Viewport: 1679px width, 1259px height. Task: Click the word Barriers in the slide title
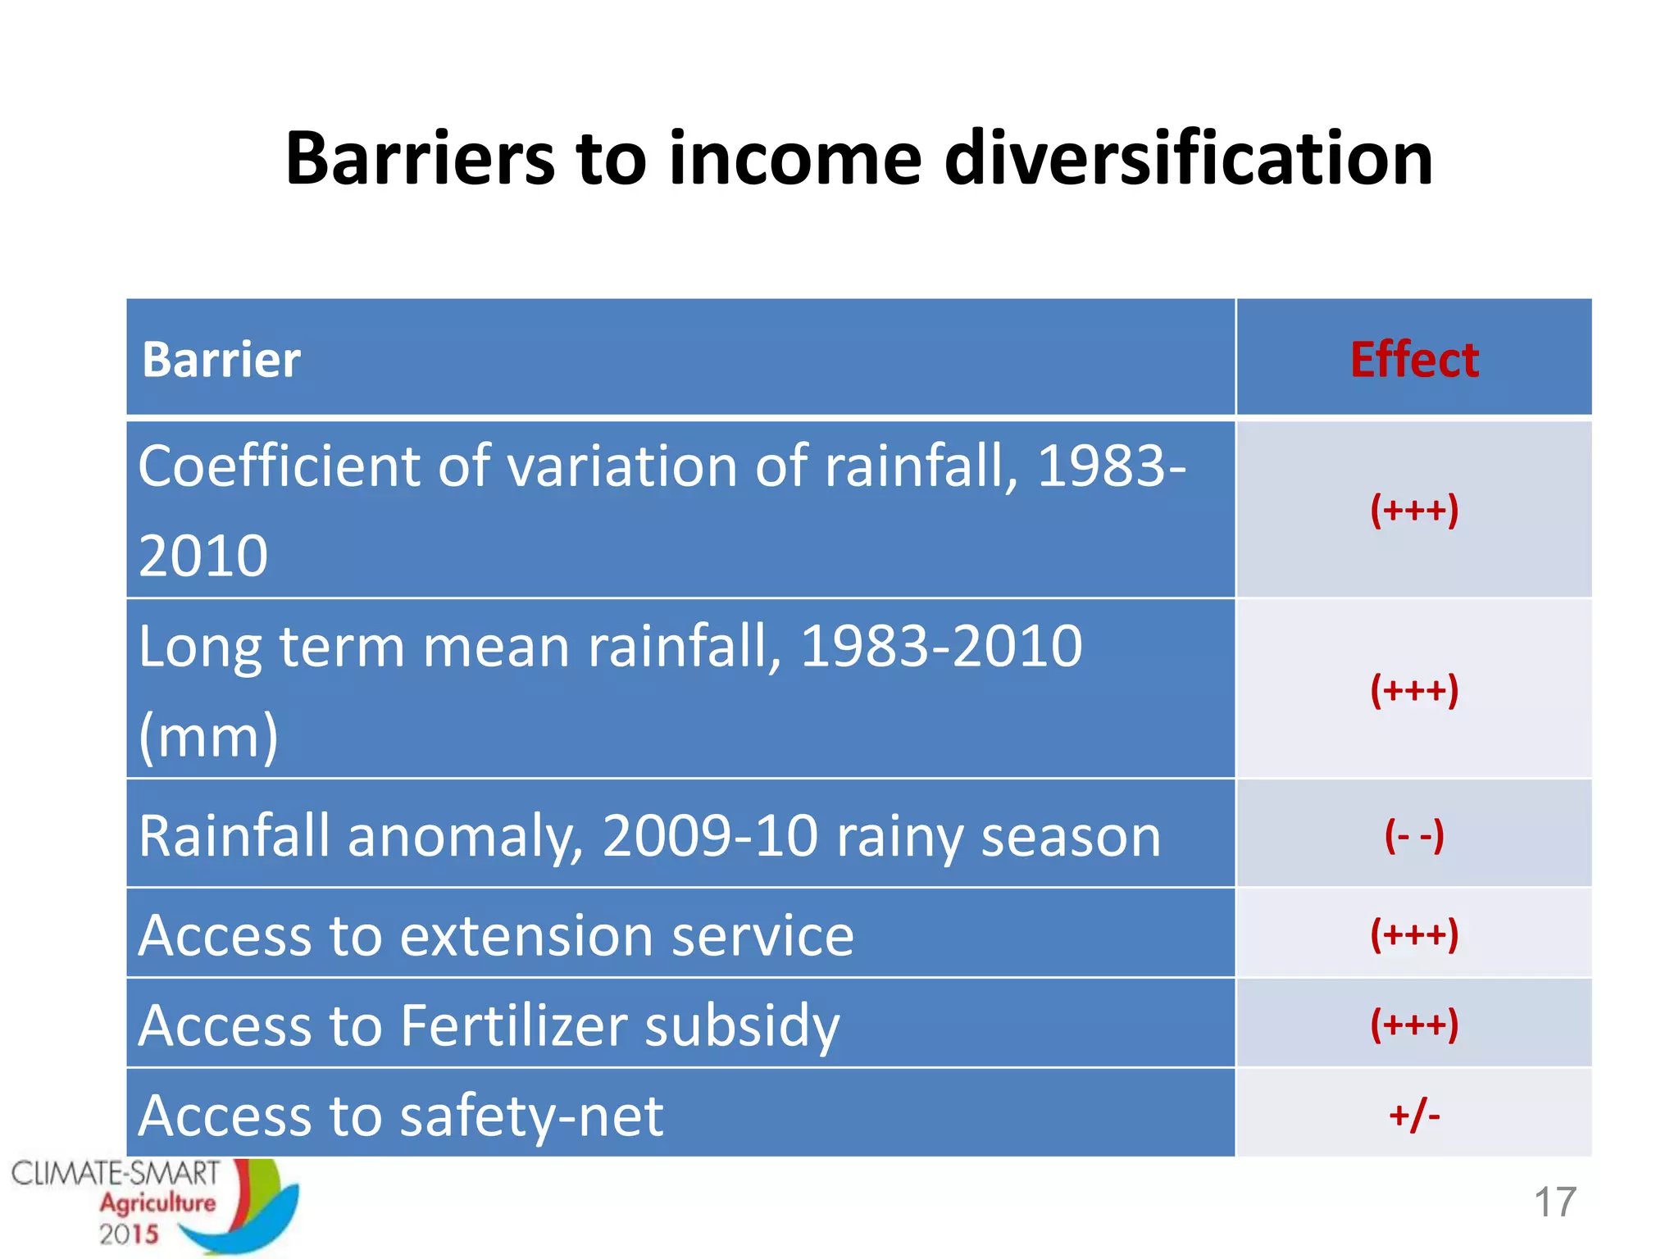pyautogui.click(x=419, y=158)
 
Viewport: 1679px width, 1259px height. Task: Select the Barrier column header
pyautogui.click(x=221, y=360)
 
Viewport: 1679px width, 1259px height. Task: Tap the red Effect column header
pyautogui.click(x=1414, y=360)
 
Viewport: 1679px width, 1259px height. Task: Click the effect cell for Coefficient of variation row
pyautogui.click(x=1414, y=510)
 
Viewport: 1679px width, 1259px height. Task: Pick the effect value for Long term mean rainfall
pyautogui.click(x=1414, y=689)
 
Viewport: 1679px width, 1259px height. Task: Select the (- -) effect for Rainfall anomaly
pyautogui.click(x=1414, y=835)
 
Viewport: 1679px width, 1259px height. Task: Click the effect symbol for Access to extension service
pyautogui.click(x=1414, y=934)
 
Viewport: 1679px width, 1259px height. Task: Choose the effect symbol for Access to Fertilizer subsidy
pyautogui.click(x=1414, y=1024)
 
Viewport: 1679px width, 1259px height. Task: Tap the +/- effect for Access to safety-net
pyautogui.click(x=1414, y=1115)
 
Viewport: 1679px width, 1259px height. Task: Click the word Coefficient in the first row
pyautogui.click(x=280, y=466)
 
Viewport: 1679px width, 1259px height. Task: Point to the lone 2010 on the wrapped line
pyautogui.click(x=203, y=556)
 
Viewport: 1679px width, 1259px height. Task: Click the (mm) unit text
pyautogui.click(x=208, y=735)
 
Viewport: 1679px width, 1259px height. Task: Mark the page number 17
pyautogui.click(x=1554, y=1202)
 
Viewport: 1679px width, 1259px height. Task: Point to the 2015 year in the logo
pyautogui.click(x=129, y=1234)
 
